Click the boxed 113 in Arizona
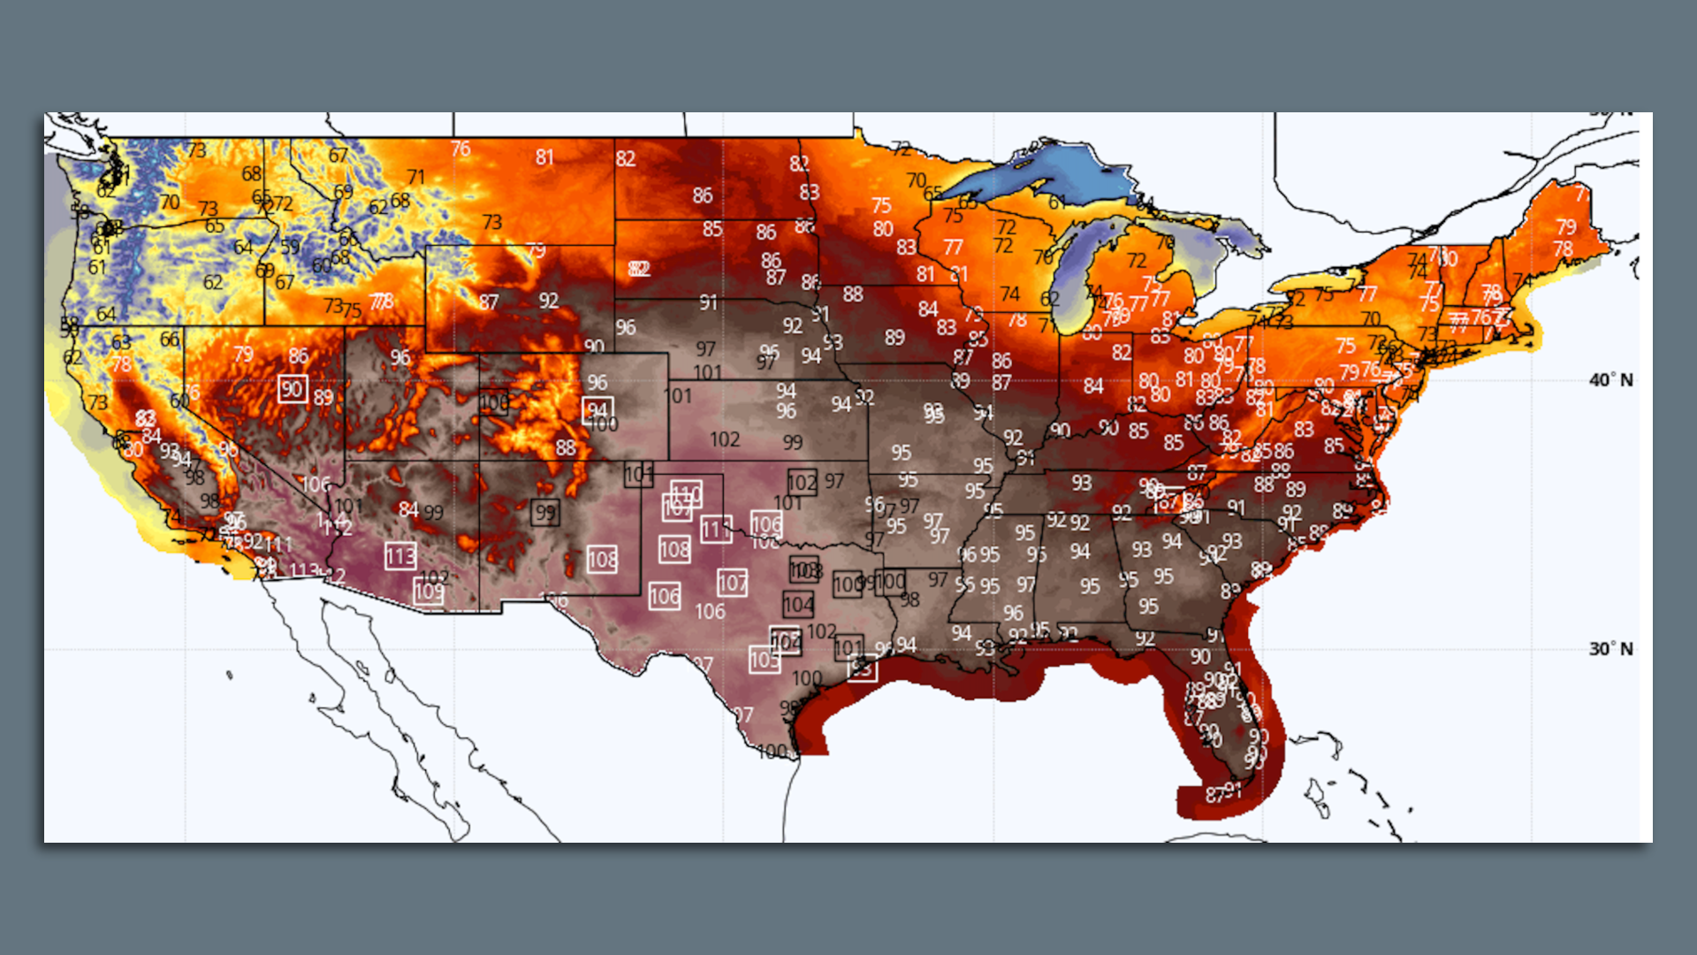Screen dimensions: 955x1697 point(400,556)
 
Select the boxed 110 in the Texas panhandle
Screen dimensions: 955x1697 point(686,493)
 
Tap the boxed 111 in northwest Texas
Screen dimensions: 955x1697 point(715,530)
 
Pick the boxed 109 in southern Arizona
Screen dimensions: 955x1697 point(429,592)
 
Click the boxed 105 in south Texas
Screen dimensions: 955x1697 point(765,660)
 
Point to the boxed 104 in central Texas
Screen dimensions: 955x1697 point(798,605)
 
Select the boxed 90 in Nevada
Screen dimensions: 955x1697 point(293,389)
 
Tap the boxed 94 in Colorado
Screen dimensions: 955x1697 point(597,410)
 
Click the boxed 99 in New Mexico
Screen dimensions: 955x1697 point(545,512)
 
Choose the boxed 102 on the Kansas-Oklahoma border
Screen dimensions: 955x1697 point(802,483)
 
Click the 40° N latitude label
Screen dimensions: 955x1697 point(1610,380)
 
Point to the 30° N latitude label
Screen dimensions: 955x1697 point(1610,649)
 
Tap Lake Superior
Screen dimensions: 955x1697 point(1043,177)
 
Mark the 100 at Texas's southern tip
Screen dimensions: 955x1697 point(772,752)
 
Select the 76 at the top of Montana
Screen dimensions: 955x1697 point(460,149)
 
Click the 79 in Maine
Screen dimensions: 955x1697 point(1566,227)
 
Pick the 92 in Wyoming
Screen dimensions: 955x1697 point(549,301)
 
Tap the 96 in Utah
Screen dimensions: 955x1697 point(400,357)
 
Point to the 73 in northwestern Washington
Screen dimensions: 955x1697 point(196,150)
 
